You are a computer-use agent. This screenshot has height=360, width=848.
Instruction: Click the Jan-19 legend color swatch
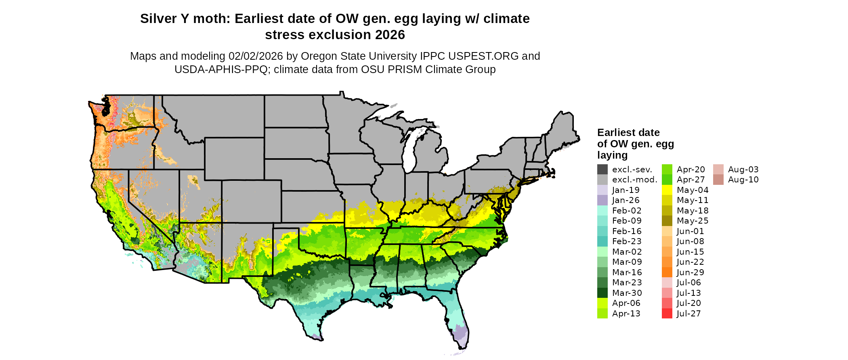point(602,190)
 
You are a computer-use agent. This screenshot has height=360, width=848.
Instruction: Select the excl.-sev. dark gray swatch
point(602,170)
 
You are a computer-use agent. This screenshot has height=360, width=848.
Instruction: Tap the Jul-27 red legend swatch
point(667,314)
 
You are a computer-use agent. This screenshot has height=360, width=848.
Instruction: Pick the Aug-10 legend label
point(743,180)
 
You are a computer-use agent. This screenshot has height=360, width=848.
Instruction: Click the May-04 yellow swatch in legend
point(667,190)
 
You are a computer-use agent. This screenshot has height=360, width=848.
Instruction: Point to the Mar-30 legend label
point(627,293)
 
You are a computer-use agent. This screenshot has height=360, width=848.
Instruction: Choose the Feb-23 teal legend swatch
point(602,241)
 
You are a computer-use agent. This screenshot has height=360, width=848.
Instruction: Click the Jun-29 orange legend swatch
point(667,272)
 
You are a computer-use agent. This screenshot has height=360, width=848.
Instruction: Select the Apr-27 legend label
point(691,180)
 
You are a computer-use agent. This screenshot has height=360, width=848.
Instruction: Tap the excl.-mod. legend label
point(634,180)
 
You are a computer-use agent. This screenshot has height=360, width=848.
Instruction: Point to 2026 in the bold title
point(390,35)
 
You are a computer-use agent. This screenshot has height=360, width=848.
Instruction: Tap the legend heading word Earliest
point(617,132)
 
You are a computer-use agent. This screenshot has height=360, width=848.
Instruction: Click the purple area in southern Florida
point(459,333)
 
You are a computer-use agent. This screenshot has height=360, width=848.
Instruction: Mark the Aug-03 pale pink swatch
point(718,170)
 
